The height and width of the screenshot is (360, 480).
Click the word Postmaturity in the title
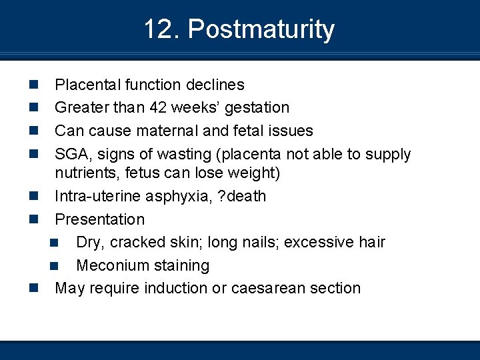tap(261, 30)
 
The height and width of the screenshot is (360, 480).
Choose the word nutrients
tap(84, 173)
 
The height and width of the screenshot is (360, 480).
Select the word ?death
tap(243, 197)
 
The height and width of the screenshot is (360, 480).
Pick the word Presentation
tap(99, 219)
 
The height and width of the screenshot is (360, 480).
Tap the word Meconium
tap(109, 265)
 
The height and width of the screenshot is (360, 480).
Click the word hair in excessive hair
tap(372, 242)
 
